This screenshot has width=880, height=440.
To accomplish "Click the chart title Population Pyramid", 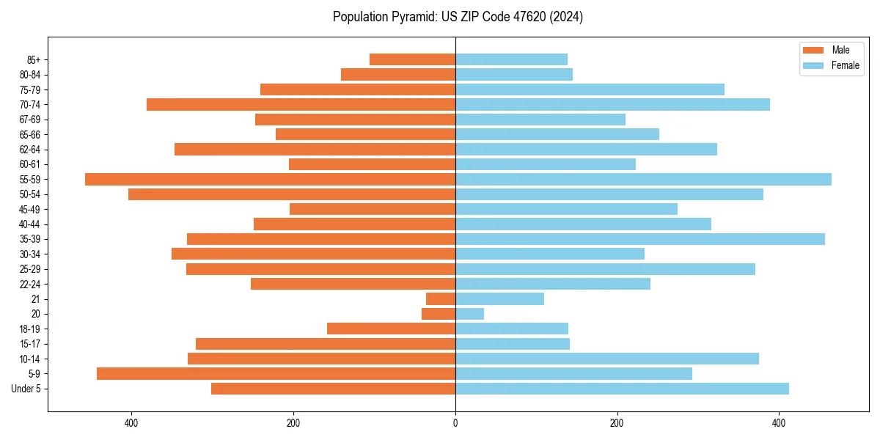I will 458,17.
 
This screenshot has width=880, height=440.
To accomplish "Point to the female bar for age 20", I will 469,314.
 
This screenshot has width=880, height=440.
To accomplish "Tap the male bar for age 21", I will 441,299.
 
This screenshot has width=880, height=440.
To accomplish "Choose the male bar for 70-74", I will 301,104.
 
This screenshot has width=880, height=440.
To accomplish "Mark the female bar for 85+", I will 511,59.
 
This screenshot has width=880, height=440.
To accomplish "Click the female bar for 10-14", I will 607,359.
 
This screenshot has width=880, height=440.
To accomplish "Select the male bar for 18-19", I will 391,329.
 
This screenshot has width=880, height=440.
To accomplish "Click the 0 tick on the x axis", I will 455,423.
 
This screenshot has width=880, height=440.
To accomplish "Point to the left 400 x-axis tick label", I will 131,423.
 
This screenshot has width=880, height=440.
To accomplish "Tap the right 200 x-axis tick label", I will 617,423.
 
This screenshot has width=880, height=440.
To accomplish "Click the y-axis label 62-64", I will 29,150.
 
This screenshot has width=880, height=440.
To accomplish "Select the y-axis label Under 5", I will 26,389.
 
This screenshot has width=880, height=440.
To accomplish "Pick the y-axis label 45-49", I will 29,209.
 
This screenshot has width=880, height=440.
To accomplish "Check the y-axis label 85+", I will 33,59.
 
